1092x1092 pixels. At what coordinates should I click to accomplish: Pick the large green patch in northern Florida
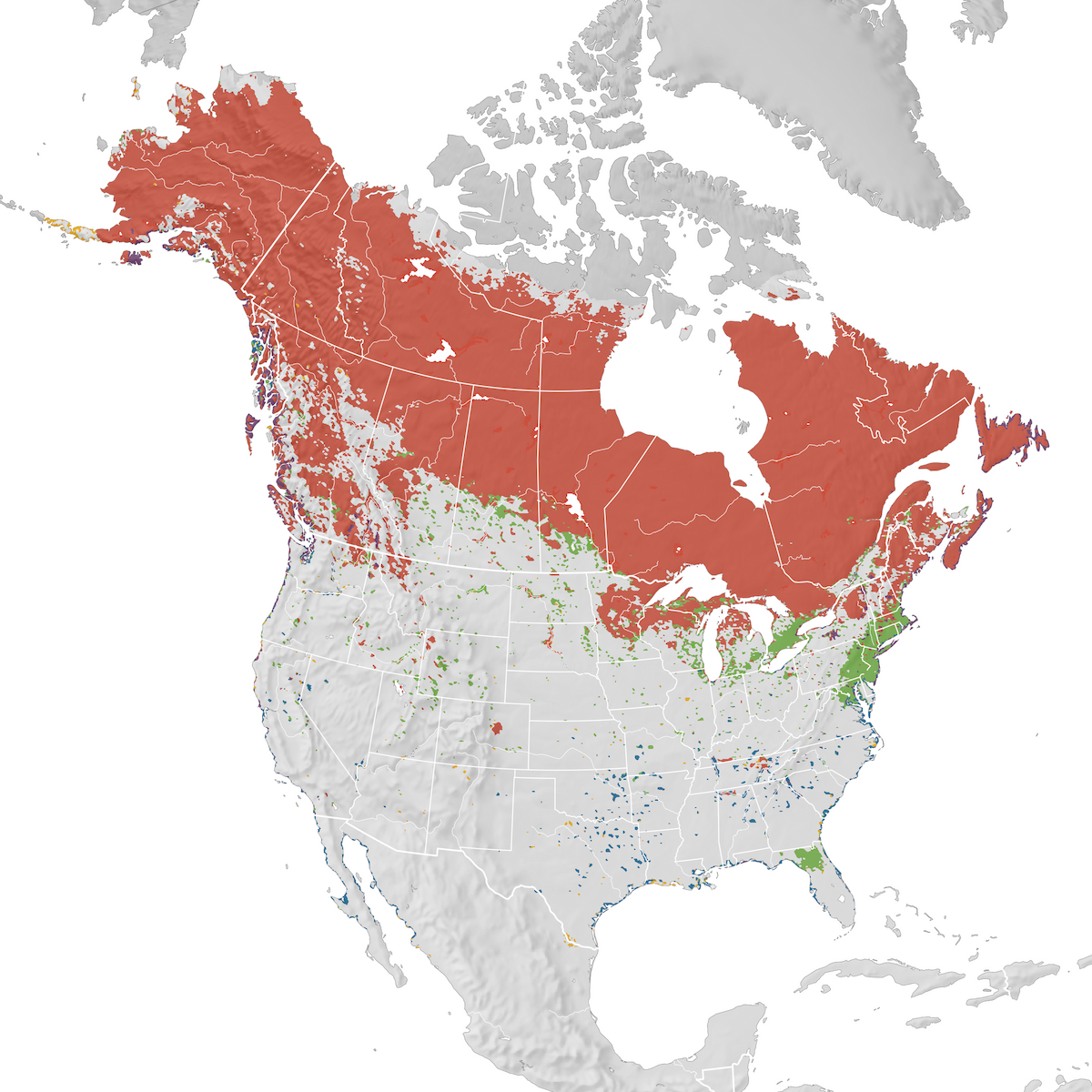pos(809,858)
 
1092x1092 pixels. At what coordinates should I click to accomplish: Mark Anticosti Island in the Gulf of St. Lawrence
pos(937,469)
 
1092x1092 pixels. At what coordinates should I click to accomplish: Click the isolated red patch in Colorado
pos(496,729)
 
